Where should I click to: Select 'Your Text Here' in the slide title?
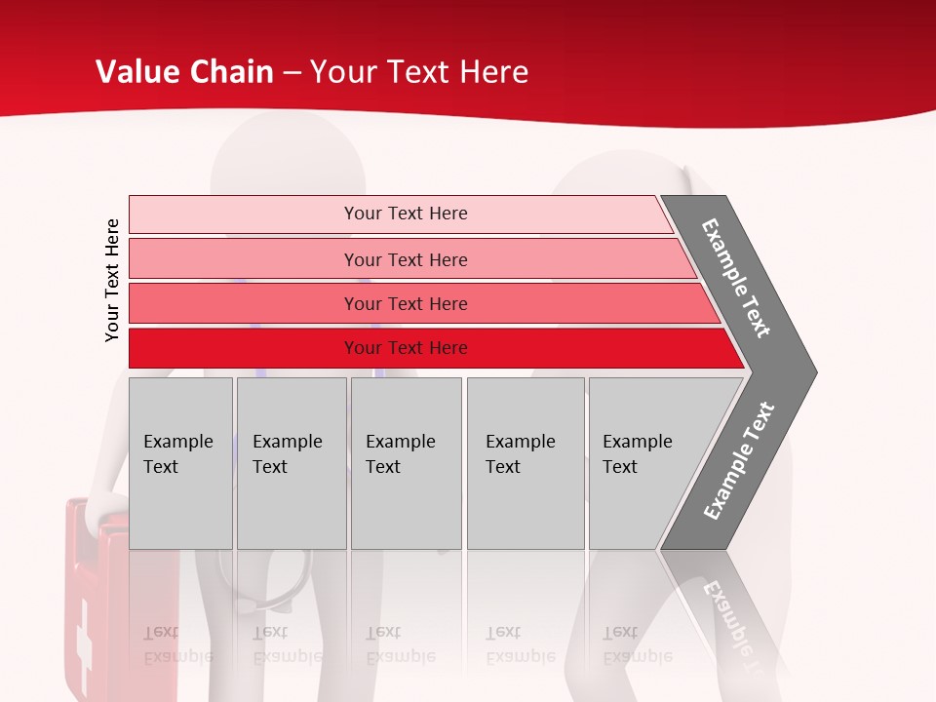419,72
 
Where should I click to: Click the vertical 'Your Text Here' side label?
112,280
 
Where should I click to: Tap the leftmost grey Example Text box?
180,463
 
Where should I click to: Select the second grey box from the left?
291,463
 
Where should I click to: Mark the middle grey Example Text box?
406,463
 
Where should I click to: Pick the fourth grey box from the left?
525,463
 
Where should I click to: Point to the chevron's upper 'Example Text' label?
737,278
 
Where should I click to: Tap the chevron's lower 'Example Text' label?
739,460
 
